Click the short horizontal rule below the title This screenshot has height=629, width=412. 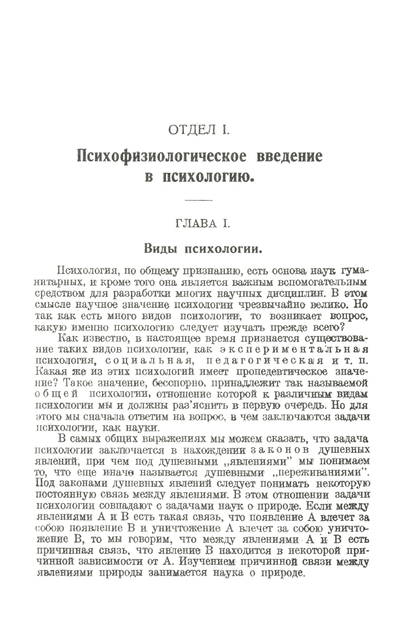199,200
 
